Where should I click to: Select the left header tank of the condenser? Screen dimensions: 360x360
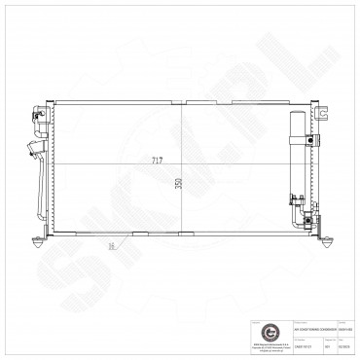coord(50,165)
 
